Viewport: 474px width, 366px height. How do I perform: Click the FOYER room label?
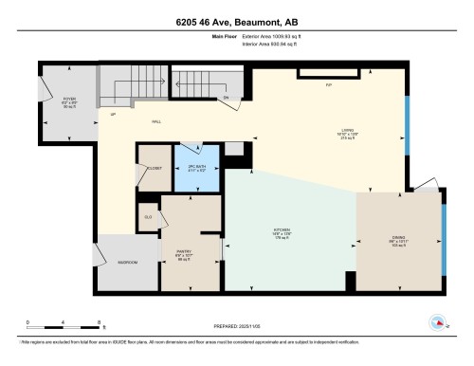tap(69, 101)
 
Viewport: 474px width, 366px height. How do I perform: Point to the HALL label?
tap(155, 122)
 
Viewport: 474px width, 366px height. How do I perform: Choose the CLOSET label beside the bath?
tap(154, 168)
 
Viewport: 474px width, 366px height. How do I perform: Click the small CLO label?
tap(148, 217)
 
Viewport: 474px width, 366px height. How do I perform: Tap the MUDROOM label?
tap(127, 262)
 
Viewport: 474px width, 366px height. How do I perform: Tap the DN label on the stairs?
tap(226, 98)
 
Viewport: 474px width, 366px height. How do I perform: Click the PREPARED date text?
tap(237, 326)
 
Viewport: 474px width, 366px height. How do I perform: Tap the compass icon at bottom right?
tap(439, 323)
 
